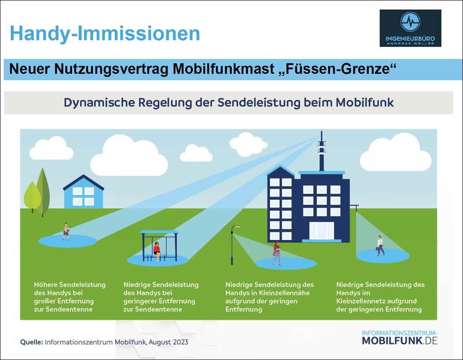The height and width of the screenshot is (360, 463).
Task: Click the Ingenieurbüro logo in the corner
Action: tap(410, 28)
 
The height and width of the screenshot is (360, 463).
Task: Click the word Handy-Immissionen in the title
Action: tap(105, 33)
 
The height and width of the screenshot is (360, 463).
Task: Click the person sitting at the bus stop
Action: tap(157, 251)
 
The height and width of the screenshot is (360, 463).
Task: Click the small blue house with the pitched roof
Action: tap(83, 192)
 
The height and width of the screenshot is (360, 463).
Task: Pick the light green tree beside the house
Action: tap(32, 197)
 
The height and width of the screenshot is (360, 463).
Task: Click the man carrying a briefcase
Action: tap(380, 245)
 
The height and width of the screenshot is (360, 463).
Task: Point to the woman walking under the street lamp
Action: tap(277, 253)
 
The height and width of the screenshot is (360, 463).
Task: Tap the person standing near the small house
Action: tap(66, 231)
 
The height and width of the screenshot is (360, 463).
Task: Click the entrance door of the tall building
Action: tap(321, 231)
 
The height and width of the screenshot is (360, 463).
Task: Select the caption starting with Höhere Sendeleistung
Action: tap(69, 297)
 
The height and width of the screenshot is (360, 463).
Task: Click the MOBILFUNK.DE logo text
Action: tap(399, 340)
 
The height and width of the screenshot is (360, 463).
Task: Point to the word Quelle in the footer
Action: tap(32, 342)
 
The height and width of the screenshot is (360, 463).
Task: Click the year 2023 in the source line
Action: tap(181, 342)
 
